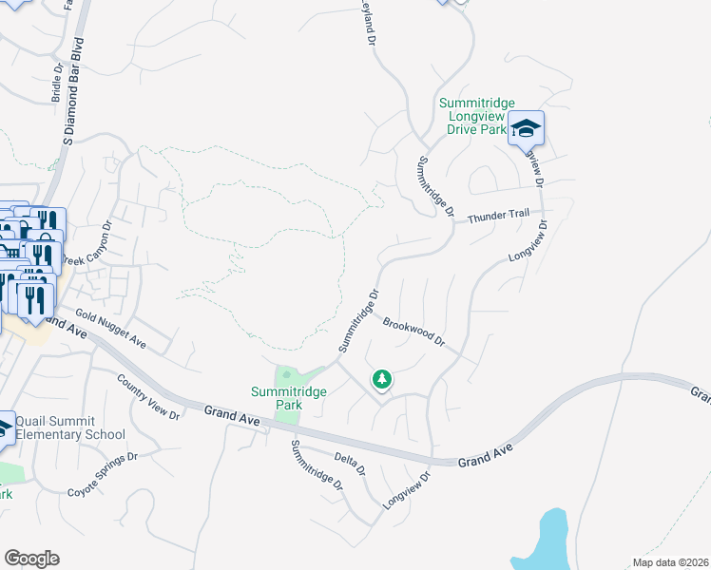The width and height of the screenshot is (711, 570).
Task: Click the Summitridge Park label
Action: tap(276, 398)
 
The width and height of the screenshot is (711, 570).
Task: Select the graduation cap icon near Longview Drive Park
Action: tap(526, 128)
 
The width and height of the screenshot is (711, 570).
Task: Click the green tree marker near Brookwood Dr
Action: tap(382, 380)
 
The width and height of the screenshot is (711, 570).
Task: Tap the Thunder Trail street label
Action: tap(498, 215)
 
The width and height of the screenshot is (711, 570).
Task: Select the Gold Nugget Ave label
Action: tap(111, 328)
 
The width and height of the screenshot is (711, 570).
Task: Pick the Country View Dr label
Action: tap(148, 397)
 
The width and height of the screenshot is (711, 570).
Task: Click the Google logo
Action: tap(31, 558)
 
